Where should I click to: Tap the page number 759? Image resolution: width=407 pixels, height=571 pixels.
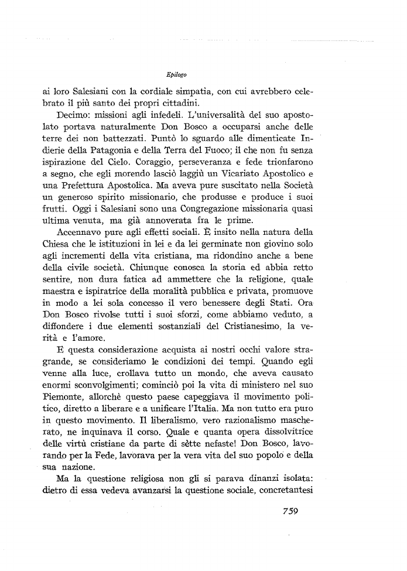tap(287, 510)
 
